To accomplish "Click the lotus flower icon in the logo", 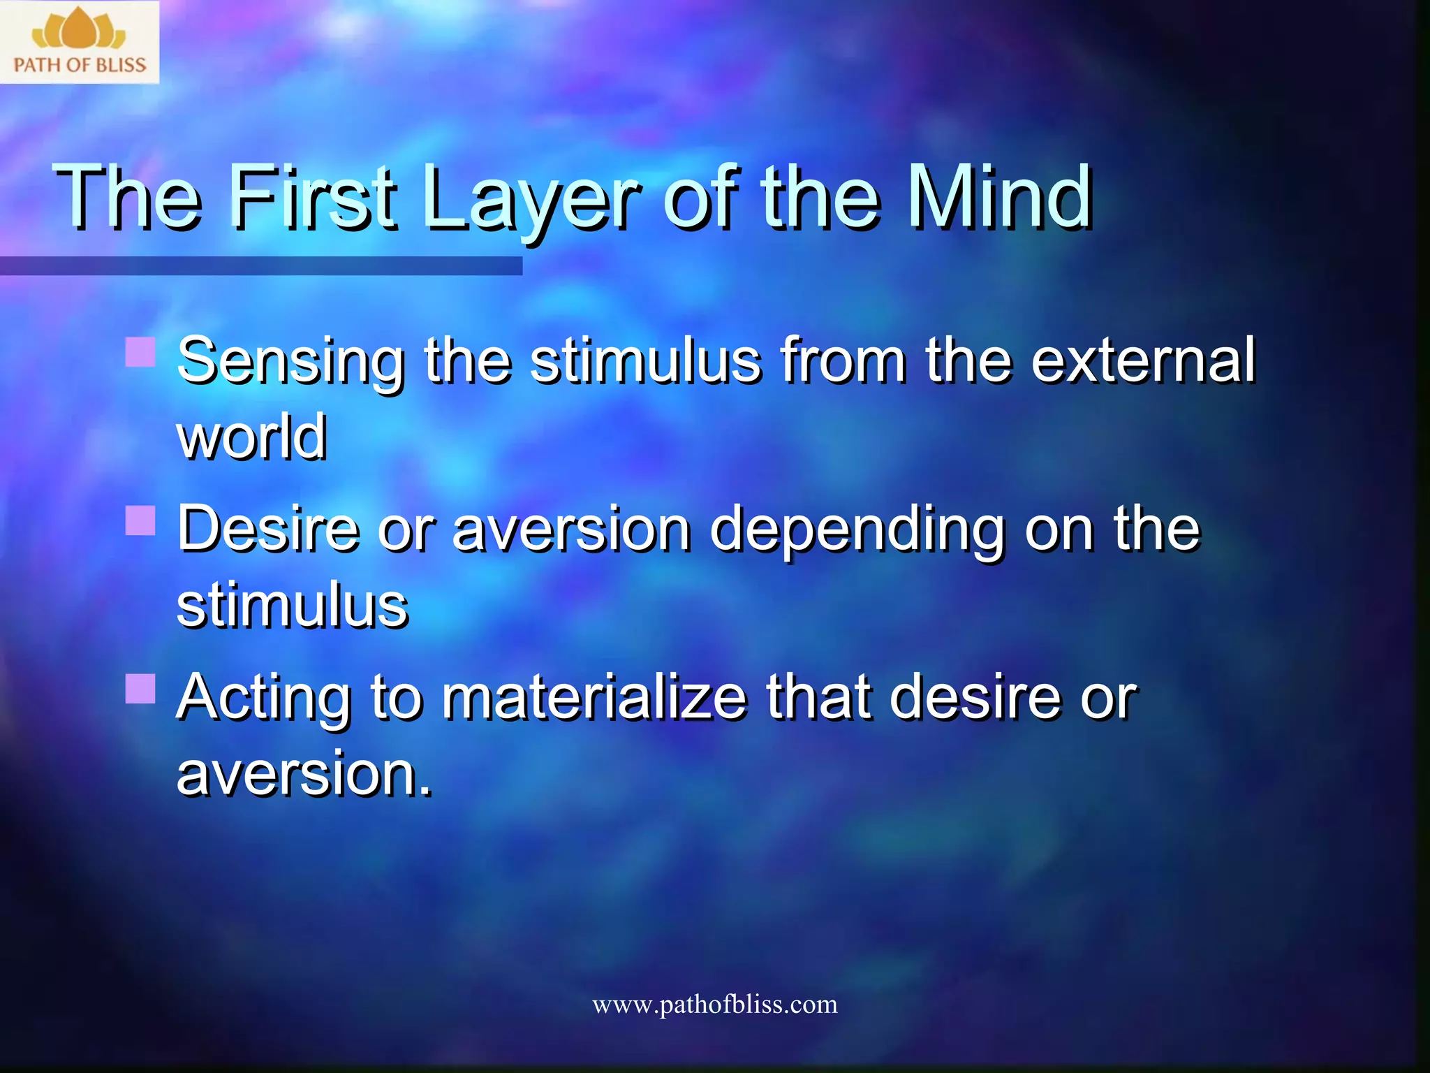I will [x=79, y=30].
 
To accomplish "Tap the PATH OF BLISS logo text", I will [x=80, y=65].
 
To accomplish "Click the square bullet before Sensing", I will [x=140, y=352].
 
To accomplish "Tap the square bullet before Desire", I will [x=140, y=520].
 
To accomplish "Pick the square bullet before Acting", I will [x=140, y=688].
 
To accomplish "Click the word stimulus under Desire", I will [x=292, y=605].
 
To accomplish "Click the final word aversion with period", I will [x=304, y=773].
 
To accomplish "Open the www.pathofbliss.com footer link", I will [x=714, y=1005].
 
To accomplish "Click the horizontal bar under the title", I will [x=261, y=265].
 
